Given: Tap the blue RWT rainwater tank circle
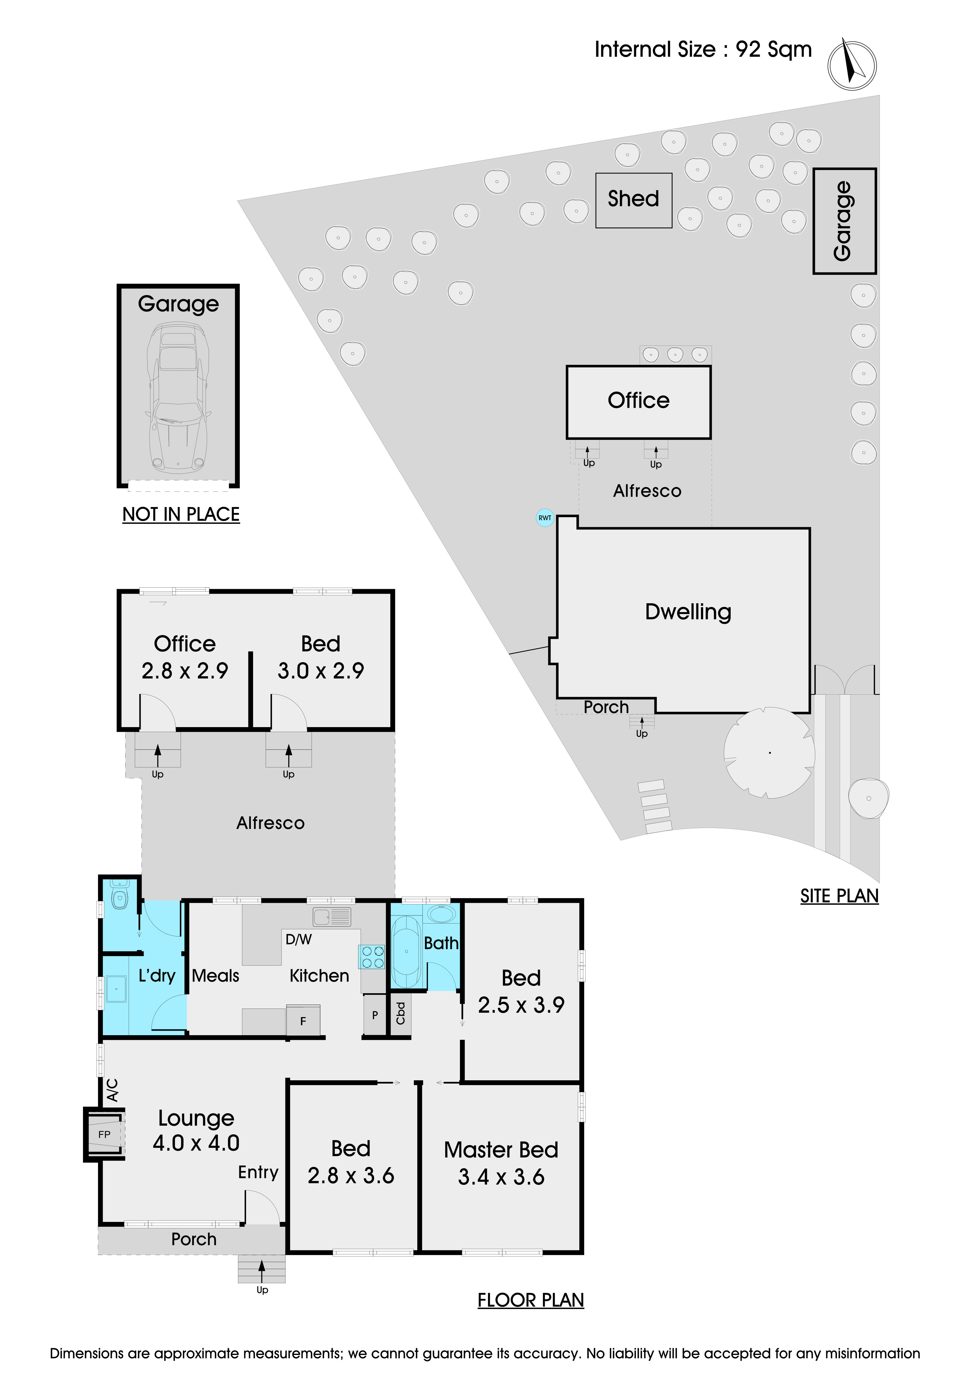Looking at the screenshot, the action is (x=544, y=517).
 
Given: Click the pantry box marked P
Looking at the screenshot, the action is (x=375, y=1015).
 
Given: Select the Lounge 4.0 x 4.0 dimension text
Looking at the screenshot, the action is (x=196, y=1143).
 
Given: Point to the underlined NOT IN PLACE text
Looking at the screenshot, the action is (x=181, y=515).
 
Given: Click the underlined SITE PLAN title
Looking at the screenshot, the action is (x=839, y=896).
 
